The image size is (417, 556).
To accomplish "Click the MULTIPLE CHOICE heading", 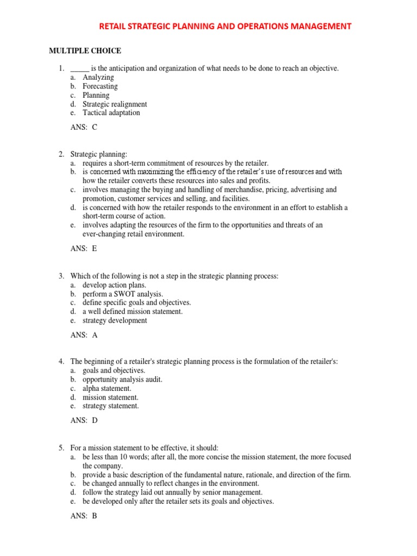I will point(85,51).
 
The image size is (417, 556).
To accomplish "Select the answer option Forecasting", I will point(100,86).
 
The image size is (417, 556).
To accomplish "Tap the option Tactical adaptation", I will point(111,113).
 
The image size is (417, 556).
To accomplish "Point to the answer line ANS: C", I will point(84,128).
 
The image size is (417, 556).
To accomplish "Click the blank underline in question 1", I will point(79,69).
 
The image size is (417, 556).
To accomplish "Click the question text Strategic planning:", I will point(99,155).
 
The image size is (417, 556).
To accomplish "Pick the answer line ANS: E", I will point(84,249).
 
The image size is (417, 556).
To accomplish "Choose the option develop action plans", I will point(115,285).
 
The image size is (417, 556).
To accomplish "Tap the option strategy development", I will point(115,320).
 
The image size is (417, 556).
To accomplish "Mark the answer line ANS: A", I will point(84,335).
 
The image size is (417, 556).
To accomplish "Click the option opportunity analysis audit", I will point(122,380).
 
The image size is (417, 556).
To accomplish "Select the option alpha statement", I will point(107,388).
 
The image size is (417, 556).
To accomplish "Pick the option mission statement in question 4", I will point(110,397).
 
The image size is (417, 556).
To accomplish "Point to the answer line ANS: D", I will point(84,420).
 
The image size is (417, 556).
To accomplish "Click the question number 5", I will point(61,448).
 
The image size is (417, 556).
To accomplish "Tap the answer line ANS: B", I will point(84,516).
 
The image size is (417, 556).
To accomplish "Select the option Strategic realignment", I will point(115,104).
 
